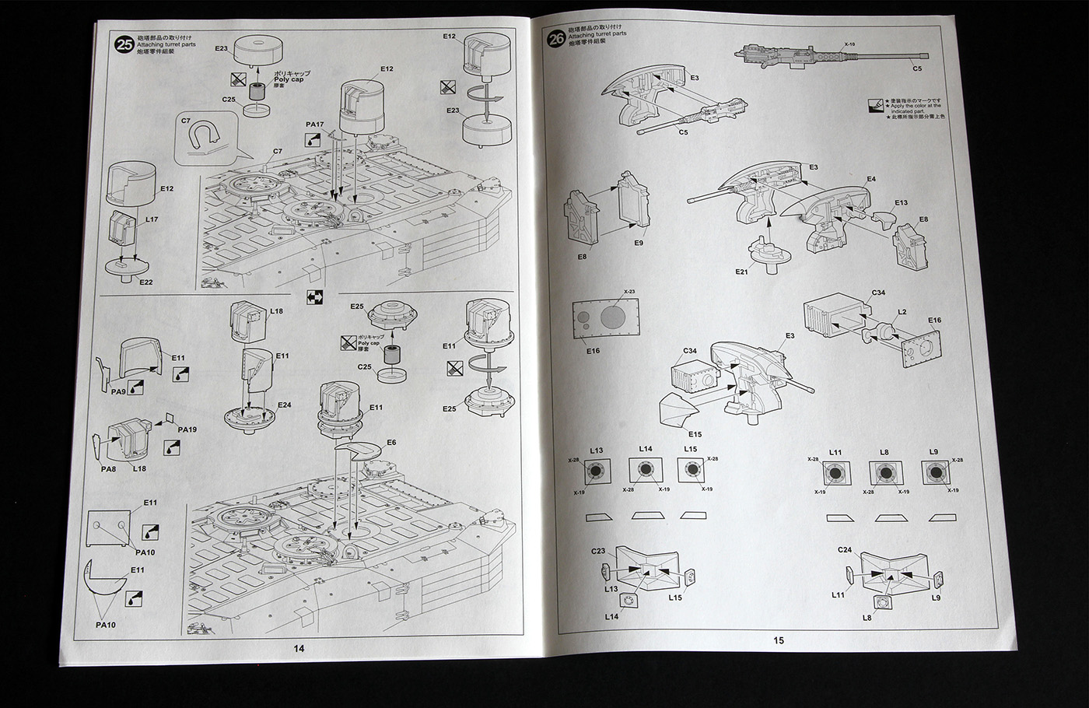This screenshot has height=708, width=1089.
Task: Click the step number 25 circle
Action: (x=123, y=44)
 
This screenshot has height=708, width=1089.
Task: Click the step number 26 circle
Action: (x=555, y=39)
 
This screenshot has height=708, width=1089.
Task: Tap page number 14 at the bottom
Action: (x=299, y=649)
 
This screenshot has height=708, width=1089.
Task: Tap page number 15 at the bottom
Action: (x=779, y=640)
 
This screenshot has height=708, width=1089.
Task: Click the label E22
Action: (x=146, y=282)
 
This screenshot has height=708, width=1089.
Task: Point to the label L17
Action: (x=152, y=220)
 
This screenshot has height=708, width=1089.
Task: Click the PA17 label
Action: (x=315, y=124)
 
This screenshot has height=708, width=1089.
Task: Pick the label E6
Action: (x=390, y=443)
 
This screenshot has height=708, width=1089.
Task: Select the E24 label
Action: (x=284, y=405)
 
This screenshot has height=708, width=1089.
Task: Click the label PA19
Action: (x=187, y=429)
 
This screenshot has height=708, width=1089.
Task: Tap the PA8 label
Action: (x=107, y=468)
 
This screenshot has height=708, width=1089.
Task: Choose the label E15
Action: (x=694, y=433)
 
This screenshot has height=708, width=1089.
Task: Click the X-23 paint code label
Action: (x=629, y=292)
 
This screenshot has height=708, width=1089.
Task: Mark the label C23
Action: (x=597, y=551)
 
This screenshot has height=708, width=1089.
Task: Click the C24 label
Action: (x=846, y=550)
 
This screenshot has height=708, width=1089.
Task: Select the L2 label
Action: (x=902, y=311)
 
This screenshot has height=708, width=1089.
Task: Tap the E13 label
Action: (x=901, y=202)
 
